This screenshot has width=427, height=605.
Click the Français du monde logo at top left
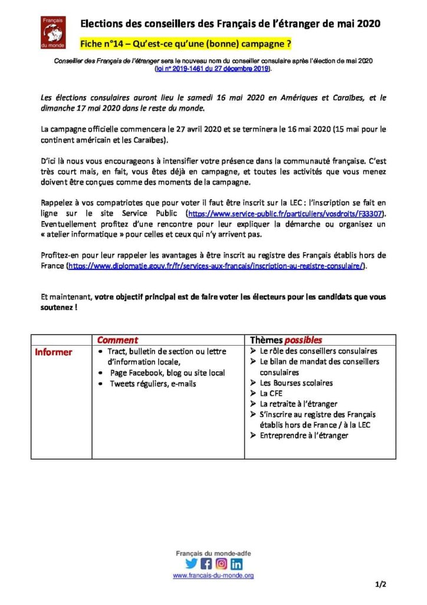57,32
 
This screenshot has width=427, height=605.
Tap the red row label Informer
54,352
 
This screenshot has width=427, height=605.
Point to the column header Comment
117,340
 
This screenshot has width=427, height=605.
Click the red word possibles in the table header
303,340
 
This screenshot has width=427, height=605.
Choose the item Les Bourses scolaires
296,382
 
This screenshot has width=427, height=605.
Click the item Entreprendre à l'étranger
304,435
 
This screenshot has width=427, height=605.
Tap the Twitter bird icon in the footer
192,563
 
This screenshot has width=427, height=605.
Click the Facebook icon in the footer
206,563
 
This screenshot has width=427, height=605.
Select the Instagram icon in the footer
221,563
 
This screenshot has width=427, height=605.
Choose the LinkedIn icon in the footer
236,563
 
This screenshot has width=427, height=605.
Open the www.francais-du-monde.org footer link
213,575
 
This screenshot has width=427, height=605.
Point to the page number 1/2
380,585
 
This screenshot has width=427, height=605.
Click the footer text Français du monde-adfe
213,553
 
